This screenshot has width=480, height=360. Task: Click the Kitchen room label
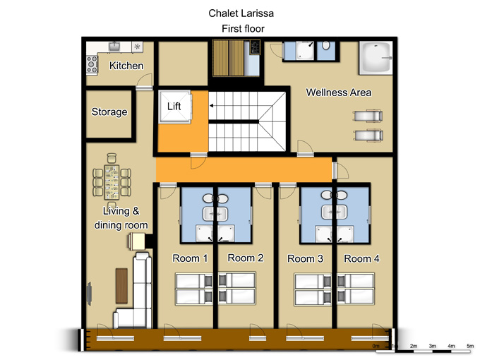(126, 66)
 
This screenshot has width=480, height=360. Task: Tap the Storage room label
(109, 112)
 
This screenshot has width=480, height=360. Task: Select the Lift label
(174, 106)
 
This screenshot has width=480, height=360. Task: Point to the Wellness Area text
(339, 92)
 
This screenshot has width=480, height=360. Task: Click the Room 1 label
(190, 258)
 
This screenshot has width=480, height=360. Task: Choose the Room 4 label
(361, 258)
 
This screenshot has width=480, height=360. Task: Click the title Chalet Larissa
(241, 13)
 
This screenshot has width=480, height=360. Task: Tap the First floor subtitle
(243, 29)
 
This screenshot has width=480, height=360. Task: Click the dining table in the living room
(112, 182)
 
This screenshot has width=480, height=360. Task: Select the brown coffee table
(121, 286)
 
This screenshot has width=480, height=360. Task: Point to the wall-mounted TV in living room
(89, 294)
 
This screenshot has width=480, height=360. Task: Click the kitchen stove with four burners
(92, 65)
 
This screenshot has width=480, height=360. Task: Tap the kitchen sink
(114, 46)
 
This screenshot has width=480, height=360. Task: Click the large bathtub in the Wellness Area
(376, 58)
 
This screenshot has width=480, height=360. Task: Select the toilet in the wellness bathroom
(326, 46)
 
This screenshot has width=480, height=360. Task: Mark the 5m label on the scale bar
(470, 346)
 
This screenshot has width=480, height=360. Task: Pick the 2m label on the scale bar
(414, 346)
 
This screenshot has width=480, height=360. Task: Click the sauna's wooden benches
(229, 58)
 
